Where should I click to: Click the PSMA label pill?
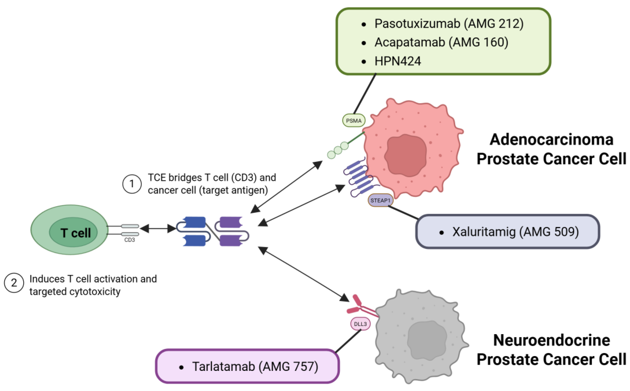[353, 120]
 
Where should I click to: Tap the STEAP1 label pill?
[380, 200]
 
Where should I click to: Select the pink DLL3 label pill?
[360, 324]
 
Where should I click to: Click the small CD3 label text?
[130, 240]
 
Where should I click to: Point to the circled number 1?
[132, 184]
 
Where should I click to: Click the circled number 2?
[14, 283]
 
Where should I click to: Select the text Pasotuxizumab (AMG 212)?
[449, 24]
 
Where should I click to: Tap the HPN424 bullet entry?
[398, 61]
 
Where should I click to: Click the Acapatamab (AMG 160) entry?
[441, 42]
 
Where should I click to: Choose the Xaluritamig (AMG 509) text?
[515, 232]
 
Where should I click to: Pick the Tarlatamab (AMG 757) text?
[255, 367]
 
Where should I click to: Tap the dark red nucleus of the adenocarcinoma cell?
[405, 155]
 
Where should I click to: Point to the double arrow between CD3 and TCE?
[158, 229]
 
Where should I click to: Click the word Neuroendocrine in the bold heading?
[551, 340]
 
